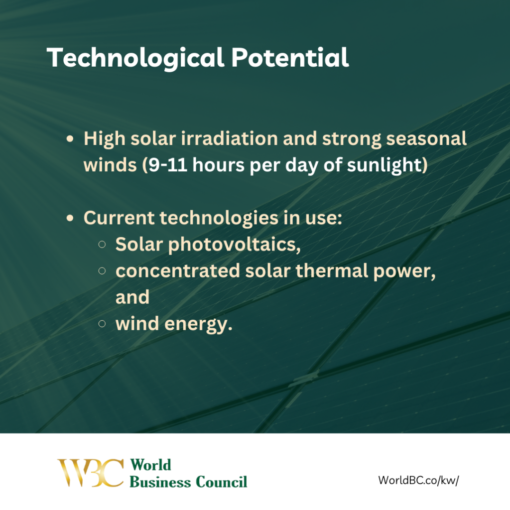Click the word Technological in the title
coord(135,58)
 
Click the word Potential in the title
coord(290,58)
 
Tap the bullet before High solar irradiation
coord(70,139)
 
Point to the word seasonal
coord(426,139)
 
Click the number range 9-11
coord(167,165)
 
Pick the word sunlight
coord(387,165)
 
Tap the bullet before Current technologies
coord(70,218)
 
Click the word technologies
coord(219,218)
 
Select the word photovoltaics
coord(234,245)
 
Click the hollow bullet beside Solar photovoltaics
coord(102,244)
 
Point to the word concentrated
coord(178,271)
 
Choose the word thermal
coord(332,270)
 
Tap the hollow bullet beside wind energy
coord(102,324)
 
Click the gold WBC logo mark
coord(91,473)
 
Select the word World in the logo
coord(150,465)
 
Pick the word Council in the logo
coord(222,482)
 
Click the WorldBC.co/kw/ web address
coord(418,480)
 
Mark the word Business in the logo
coord(160,482)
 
